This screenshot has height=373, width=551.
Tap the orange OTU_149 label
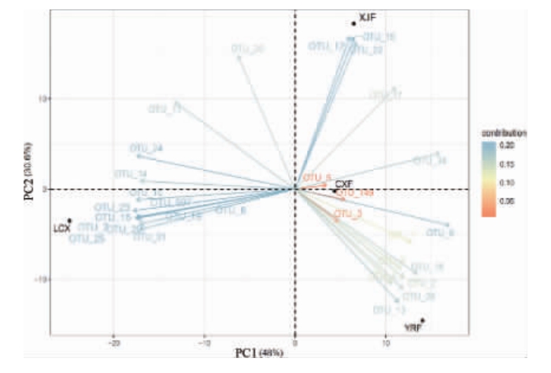[354, 193]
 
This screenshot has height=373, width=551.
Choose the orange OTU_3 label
[347, 213]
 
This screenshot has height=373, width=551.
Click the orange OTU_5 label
[317, 177]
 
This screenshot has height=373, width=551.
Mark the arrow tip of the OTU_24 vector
[138, 156]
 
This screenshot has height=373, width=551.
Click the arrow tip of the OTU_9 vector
[448, 225]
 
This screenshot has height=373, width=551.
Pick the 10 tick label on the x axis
[386, 344]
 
